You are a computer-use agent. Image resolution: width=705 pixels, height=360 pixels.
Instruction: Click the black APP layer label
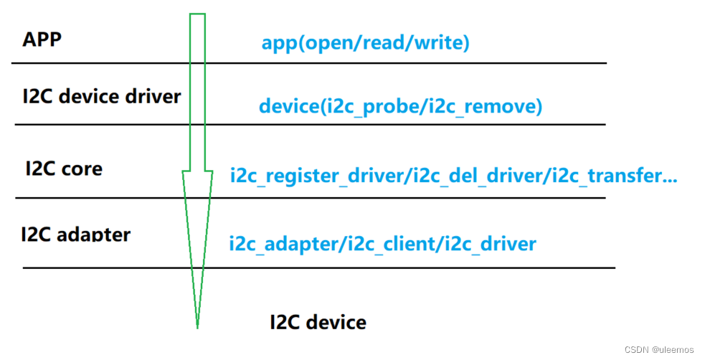pos(42,39)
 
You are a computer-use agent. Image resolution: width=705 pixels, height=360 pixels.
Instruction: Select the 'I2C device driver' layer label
pos(101,96)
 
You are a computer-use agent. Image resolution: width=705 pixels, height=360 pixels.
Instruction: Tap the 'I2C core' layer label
pos(64,169)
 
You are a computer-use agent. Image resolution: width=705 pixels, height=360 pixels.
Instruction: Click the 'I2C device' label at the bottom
pos(318,322)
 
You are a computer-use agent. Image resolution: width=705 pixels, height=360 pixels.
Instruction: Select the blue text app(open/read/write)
pos(365,43)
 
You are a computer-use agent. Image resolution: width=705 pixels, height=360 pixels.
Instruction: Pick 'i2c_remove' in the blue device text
pos(488,107)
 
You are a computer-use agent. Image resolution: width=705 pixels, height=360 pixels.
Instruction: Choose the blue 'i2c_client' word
pos(389,244)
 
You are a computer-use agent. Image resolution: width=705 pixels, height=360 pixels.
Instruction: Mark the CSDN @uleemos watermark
pos(659,349)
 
